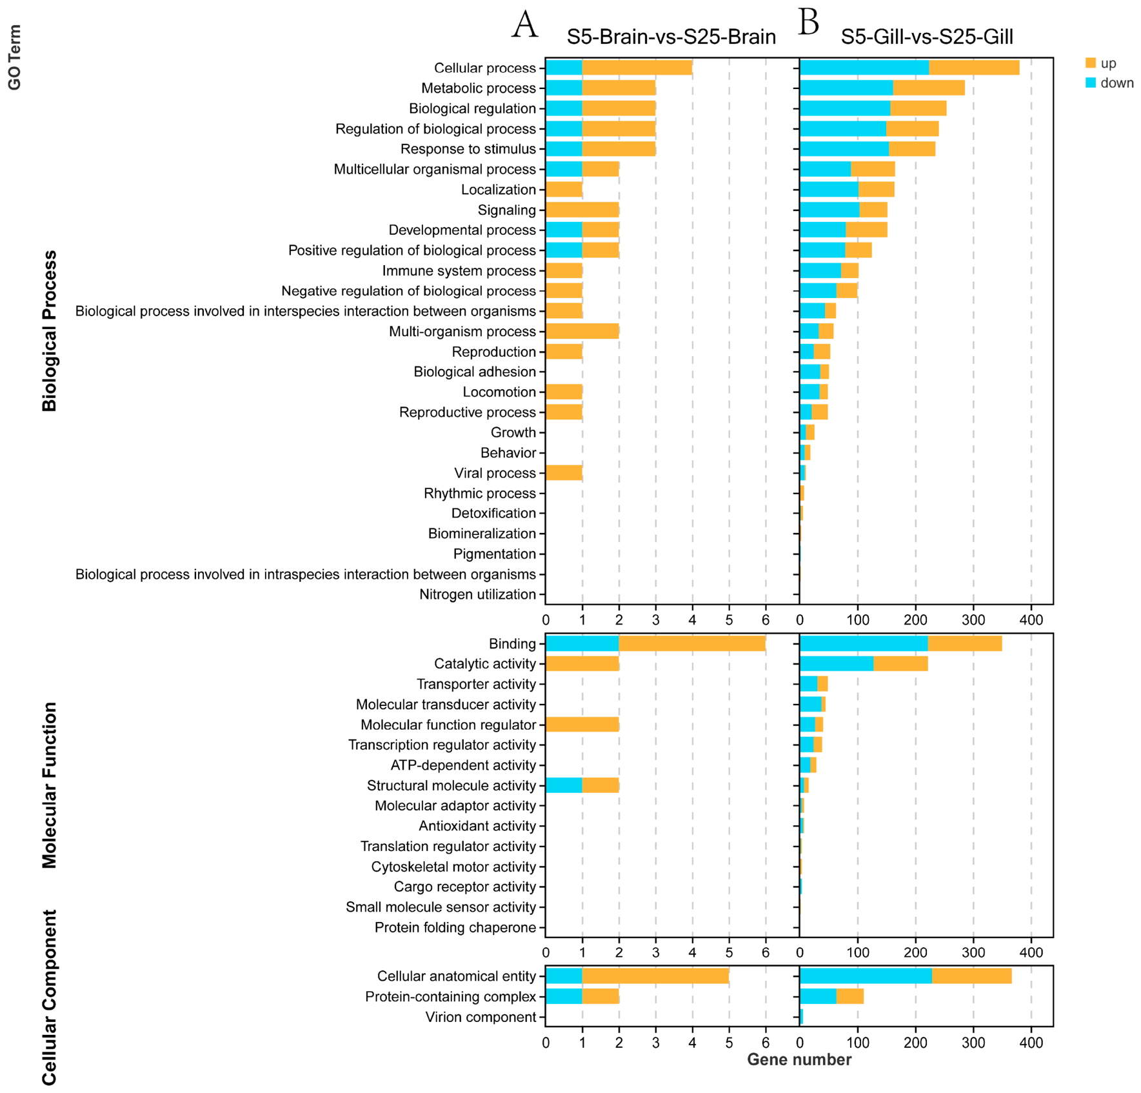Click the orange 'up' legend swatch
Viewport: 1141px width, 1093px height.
(1091, 63)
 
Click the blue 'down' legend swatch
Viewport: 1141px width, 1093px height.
(1091, 83)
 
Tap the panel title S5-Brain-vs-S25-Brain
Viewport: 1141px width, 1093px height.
(671, 37)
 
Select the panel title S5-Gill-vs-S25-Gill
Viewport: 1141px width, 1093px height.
(927, 37)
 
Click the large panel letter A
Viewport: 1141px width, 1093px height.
(524, 25)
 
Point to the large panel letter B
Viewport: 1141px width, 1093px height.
(809, 22)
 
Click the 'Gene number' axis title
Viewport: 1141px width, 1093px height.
(799, 1059)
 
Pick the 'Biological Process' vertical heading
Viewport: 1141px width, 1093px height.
(49, 331)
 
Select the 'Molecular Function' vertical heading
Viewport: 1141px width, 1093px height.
(49, 785)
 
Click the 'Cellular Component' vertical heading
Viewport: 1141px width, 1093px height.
(49, 998)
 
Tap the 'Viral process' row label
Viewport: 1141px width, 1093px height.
(495, 473)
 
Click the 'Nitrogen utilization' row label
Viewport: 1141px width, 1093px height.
(477, 594)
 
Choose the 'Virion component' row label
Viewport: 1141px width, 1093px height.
(481, 1017)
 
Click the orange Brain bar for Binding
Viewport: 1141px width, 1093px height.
(692, 643)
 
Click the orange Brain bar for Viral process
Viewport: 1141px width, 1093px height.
(564, 473)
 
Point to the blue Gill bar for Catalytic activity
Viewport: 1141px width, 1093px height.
(837, 663)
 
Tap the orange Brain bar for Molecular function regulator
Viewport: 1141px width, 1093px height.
(582, 725)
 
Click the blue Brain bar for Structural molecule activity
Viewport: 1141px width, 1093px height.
(564, 785)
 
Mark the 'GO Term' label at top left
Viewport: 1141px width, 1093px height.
(14, 57)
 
